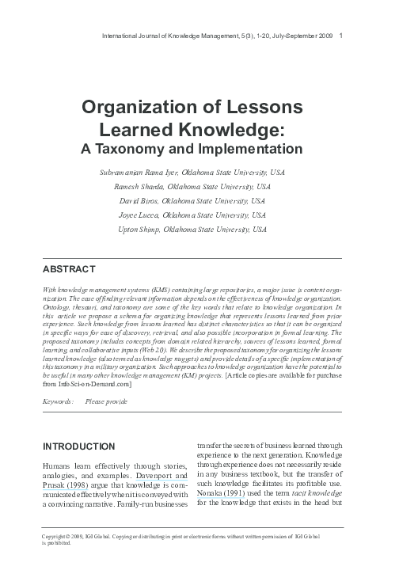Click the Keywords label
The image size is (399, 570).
coord(59,403)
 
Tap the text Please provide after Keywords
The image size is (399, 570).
coord(106,403)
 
